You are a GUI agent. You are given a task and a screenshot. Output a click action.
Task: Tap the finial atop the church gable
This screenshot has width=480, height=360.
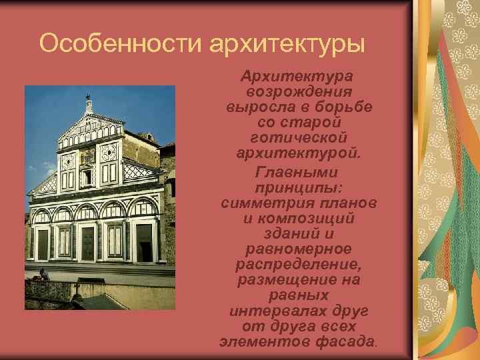coord(88,102)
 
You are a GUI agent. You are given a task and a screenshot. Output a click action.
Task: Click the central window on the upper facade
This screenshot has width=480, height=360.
coord(87,177)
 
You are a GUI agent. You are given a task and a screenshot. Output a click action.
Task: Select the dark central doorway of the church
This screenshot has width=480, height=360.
coord(87,243)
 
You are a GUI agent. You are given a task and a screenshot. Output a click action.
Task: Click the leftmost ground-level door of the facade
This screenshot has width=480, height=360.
coord(43,244)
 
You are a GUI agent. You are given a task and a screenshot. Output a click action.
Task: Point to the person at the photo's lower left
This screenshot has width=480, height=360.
coord(43,275)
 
